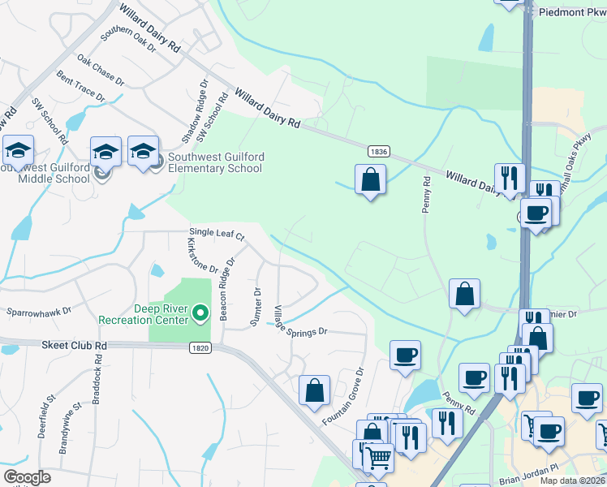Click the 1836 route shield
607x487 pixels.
(377, 151)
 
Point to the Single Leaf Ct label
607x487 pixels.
(217, 234)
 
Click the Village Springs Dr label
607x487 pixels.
(299, 321)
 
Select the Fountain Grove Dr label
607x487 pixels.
(344, 394)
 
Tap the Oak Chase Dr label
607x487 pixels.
(101, 71)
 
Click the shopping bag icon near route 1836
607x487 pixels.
(370, 180)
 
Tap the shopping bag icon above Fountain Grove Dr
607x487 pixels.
(314, 390)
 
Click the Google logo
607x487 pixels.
(27, 477)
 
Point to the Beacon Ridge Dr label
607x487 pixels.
(226, 289)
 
